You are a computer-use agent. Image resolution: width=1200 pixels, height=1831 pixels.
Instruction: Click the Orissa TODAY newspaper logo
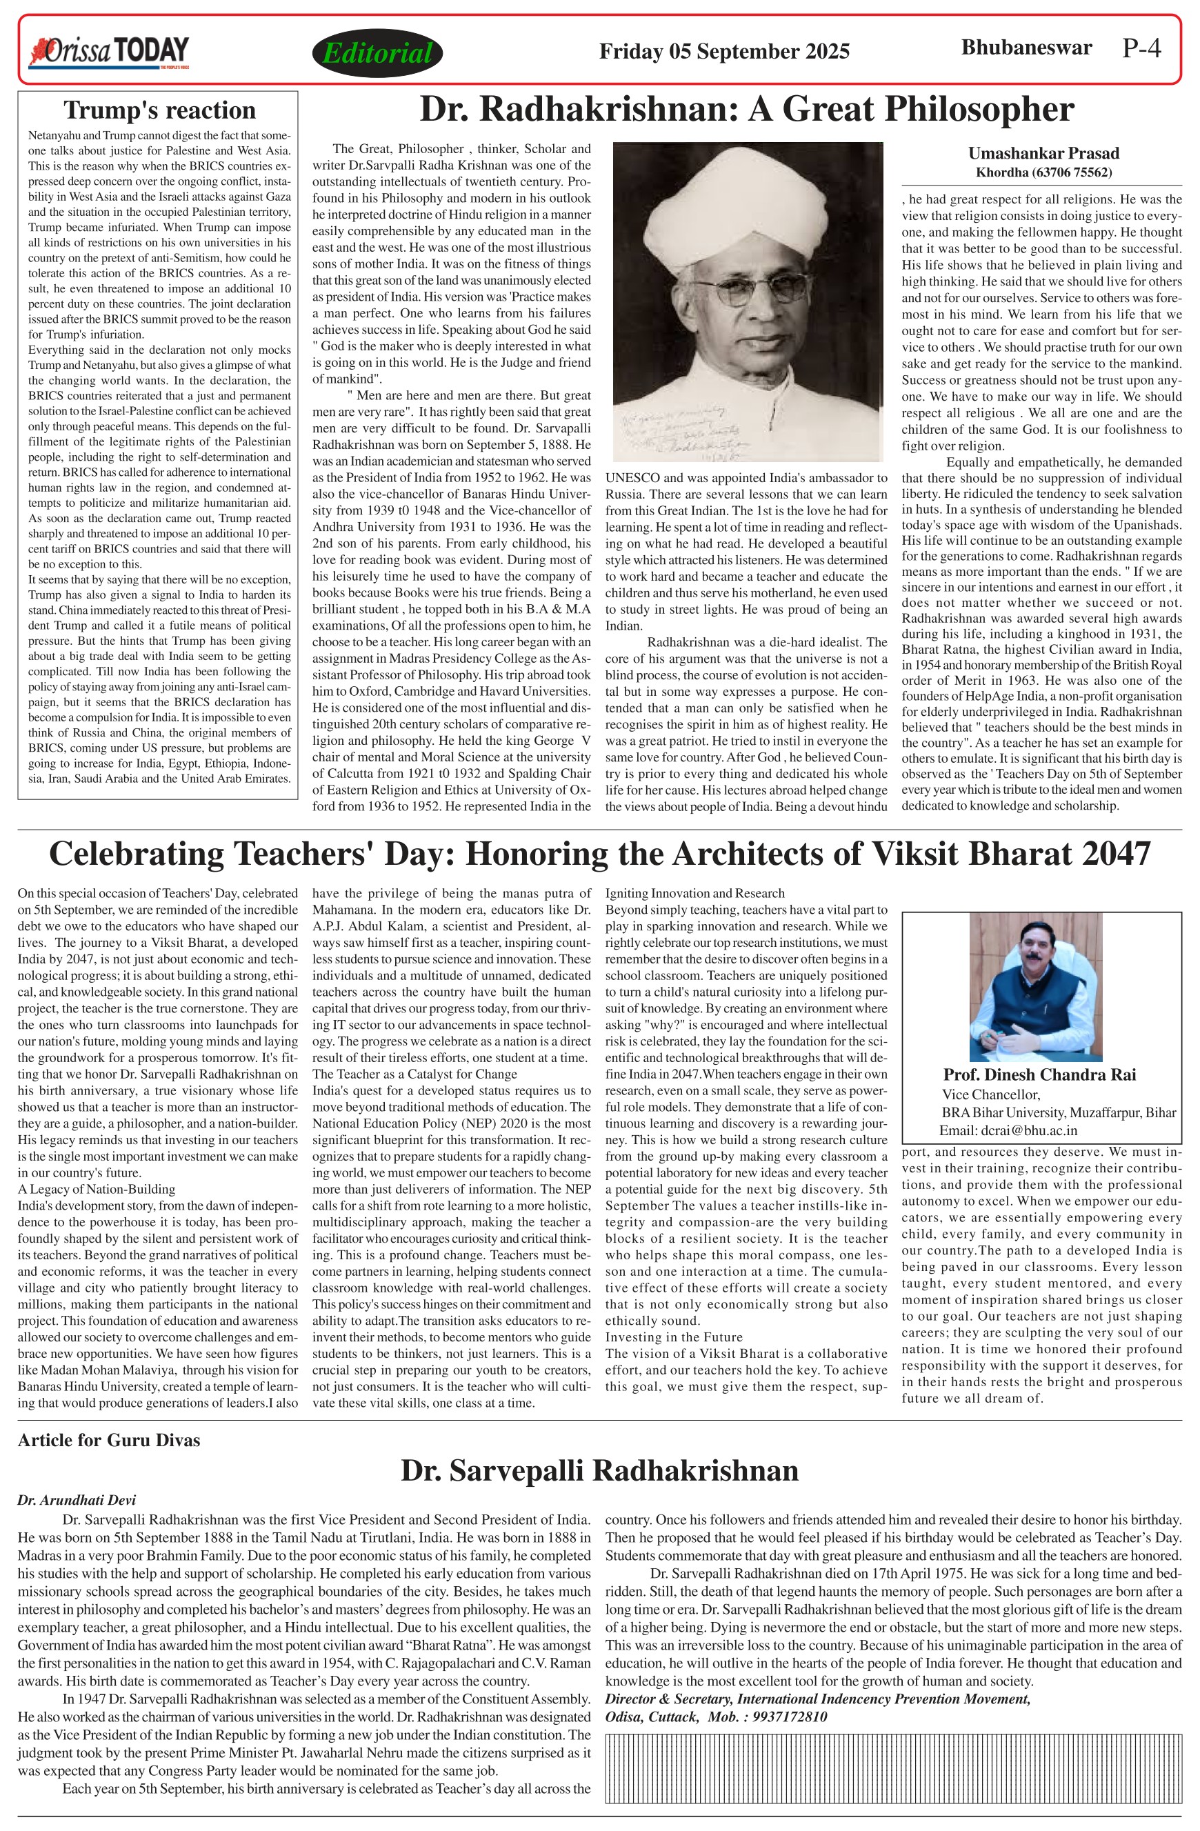point(108,52)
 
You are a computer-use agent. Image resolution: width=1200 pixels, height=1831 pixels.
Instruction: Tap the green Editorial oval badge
point(377,52)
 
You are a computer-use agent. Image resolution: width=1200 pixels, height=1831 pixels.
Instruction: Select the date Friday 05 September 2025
point(724,52)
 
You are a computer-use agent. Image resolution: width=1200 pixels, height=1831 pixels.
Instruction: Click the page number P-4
point(1141,48)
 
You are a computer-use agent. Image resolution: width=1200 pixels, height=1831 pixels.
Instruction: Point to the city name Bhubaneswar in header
point(1026,48)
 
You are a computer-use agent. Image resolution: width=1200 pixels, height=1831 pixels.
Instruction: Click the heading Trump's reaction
point(159,110)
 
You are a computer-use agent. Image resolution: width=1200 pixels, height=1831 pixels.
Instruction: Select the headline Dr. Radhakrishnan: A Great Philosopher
point(746,109)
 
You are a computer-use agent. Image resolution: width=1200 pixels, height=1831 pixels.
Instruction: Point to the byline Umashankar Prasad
point(1043,153)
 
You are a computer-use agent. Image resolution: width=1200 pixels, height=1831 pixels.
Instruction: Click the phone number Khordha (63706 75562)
point(1043,172)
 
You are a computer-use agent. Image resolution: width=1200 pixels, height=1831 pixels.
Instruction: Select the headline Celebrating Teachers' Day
point(599,853)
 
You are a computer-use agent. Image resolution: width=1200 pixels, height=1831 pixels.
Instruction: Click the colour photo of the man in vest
point(1035,986)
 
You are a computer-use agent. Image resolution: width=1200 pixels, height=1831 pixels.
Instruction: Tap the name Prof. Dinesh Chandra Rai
point(1039,1074)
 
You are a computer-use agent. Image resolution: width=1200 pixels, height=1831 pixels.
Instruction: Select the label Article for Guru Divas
point(108,1440)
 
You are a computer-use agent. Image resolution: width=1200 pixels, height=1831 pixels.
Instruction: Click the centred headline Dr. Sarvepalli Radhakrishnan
point(599,1471)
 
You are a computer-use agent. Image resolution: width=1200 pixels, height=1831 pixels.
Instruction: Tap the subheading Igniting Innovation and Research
point(694,893)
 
